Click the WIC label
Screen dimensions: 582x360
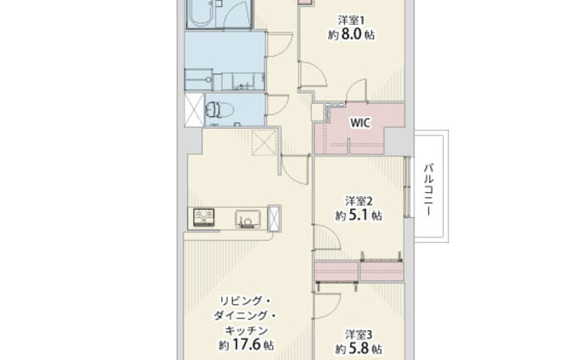[360, 123]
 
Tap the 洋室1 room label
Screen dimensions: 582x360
[351, 20]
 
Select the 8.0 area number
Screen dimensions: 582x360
[350, 34]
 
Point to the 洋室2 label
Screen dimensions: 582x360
[358, 200]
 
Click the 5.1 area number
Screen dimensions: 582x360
[358, 215]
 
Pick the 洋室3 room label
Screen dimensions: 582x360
[358, 334]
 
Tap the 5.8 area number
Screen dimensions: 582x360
[358, 349]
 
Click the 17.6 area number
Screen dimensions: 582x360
[246, 345]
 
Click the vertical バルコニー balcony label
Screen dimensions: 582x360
[430, 190]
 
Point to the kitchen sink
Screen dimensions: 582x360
[248, 219]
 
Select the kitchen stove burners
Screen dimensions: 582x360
[204, 218]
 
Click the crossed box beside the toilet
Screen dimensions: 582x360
[194, 110]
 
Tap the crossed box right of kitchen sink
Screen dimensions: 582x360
[274, 218]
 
